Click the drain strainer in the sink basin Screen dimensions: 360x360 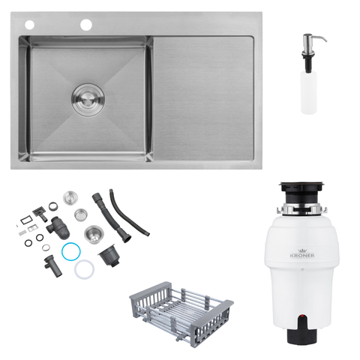[88, 100]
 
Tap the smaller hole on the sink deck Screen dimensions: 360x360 [29, 25]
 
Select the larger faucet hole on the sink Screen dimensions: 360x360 [86, 25]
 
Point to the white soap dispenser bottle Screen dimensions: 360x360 [309, 92]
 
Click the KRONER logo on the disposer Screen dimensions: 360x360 [302, 253]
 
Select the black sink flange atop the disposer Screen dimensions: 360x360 [302, 186]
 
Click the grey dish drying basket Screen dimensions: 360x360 [181, 313]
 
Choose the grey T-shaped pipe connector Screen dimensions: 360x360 [52, 266]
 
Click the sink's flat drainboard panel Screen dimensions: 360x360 [204, 98]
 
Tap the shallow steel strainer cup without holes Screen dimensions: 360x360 [81, 214]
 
